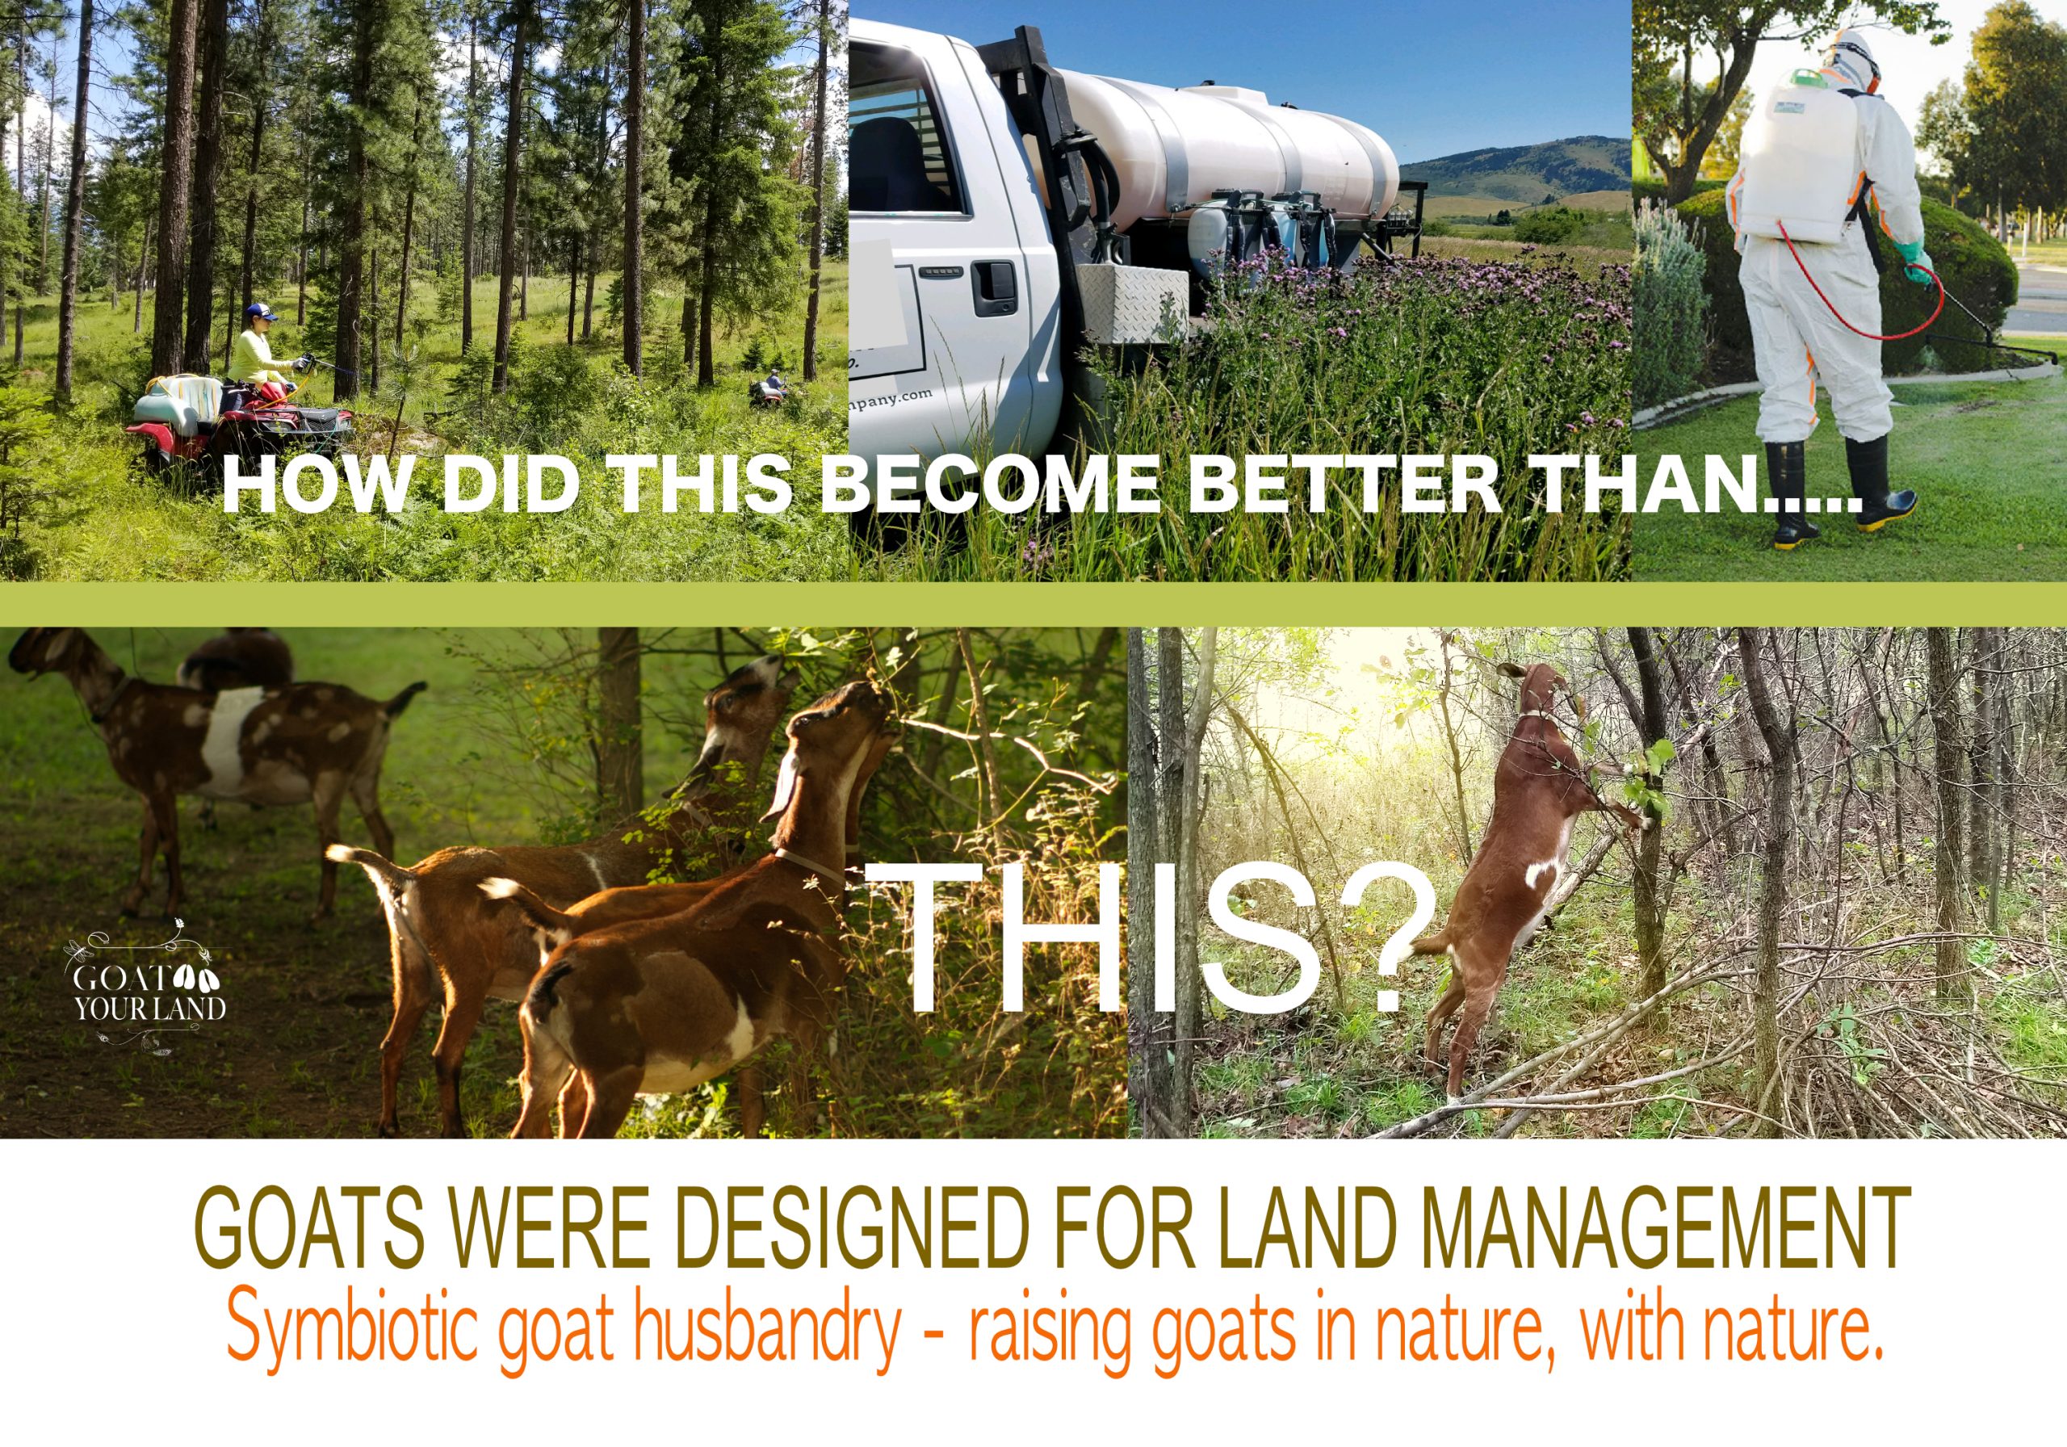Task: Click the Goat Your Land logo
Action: tap(149, 986)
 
